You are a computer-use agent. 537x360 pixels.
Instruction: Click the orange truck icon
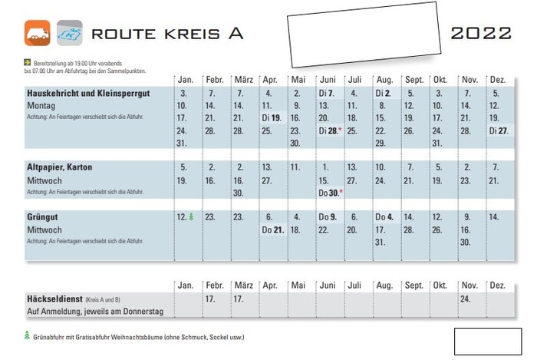38,32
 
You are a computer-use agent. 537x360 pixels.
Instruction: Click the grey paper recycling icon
69,32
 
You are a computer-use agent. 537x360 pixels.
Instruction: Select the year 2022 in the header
481,33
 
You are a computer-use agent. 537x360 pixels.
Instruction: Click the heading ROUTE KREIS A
166,33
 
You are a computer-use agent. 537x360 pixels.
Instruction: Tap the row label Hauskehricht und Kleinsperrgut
87,93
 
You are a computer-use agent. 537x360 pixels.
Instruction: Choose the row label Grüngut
44,217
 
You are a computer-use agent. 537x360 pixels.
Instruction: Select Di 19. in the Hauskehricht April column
272,118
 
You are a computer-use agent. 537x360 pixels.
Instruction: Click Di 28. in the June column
328,131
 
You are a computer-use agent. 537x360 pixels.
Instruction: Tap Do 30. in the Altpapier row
328,192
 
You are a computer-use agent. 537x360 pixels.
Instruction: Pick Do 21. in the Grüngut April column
272,230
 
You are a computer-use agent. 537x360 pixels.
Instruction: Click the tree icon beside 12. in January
190,217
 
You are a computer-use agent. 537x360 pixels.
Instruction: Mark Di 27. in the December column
498,131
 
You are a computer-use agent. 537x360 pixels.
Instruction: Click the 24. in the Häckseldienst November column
466,298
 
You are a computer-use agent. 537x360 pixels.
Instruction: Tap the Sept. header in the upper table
414,80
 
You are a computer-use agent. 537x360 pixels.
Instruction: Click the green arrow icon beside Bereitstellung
28,62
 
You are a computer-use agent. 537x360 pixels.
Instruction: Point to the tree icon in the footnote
28,336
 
